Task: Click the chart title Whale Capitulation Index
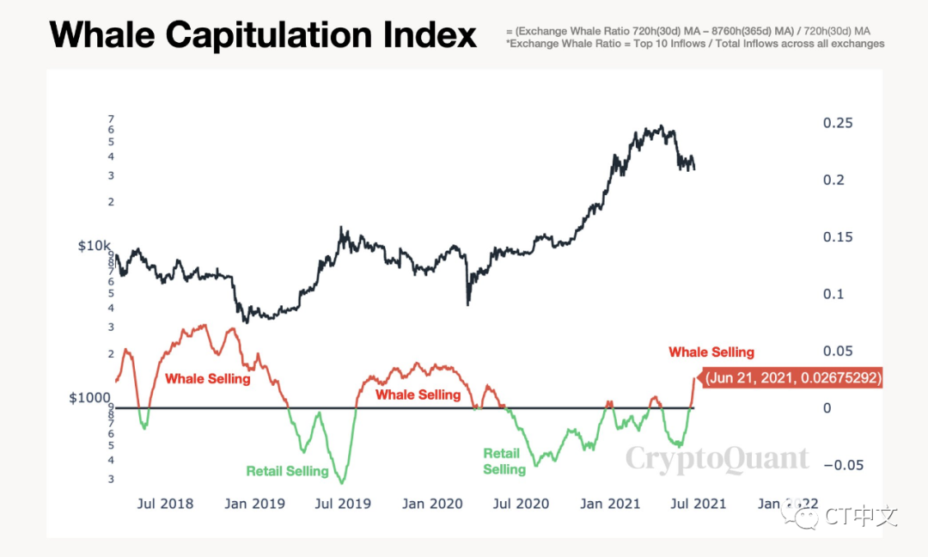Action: [x=263, y=35]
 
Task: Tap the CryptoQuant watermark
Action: [x=717, y=459]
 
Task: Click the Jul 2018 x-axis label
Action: [x=165, y=503]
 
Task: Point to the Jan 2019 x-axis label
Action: [x=254, y=503]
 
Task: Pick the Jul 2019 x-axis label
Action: [x=343, y=503]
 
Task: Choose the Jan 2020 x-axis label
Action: [x=432, y=503]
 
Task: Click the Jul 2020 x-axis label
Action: [x=521, y=503]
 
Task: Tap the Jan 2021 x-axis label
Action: [x=610, y=503]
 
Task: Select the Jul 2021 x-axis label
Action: [x=699, y=503]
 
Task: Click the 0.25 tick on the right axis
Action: [x=838, y=123]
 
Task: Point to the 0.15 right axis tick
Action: [x=838, y=237]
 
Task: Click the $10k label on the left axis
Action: [x=94, y=247]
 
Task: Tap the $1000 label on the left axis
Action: [x=90, y=399]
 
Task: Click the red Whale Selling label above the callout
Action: [x=711, y=352]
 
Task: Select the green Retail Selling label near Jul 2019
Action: [x=287, y=471]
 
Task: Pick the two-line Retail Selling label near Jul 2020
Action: [x=504, y=462]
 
